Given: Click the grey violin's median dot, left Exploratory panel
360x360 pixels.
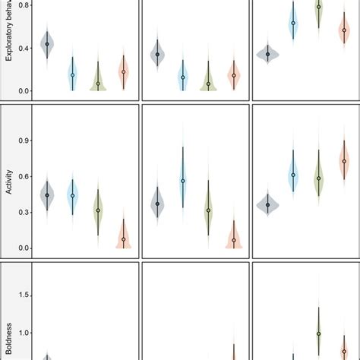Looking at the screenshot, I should pyautogui.click(x=47, y=44).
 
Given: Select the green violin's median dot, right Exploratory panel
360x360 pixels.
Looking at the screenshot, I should pyautogui.click(x=318, y=7).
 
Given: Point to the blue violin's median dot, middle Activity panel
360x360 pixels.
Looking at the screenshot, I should pyautogui.click(x=183, y=181).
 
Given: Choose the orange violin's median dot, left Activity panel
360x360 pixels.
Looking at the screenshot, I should pyautogui.click(x=124, y=239).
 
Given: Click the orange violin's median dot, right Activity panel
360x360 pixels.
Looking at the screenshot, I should pyautogui.click(x=344, y=161).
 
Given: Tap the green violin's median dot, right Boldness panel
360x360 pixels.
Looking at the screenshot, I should pyautogui.click(x=318, y=333).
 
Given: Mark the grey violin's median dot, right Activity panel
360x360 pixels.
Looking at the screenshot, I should pyautogui.click(x=268, y=204).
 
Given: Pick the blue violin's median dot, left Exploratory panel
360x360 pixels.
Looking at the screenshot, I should pyautogui.click(x=73, y=75).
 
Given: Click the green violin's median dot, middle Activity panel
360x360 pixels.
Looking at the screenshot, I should pyautogui.click(x=209, y=210).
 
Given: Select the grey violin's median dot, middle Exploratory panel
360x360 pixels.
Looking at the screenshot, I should pyautogui.click(x=157, y=54).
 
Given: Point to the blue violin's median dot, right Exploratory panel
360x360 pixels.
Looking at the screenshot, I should pyautogui.click(x=293, y=24).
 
